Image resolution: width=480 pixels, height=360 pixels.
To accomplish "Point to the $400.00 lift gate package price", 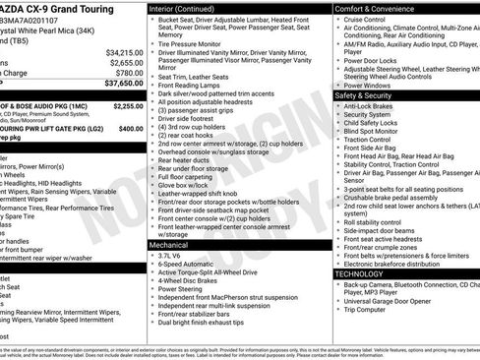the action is click(131, 128).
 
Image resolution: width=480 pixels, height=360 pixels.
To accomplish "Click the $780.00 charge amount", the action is click(128, 73).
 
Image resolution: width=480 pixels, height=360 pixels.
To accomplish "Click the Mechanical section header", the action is click(172, 244).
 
